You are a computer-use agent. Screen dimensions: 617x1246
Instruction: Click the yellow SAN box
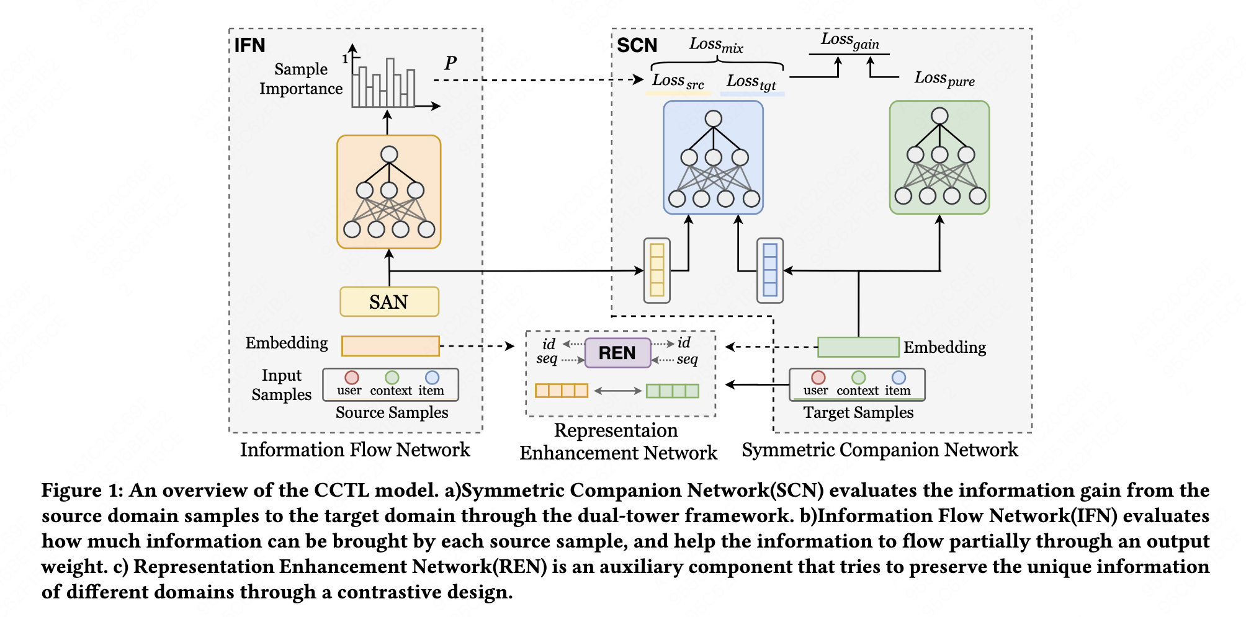389,302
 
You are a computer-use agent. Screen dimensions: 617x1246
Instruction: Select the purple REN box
617,353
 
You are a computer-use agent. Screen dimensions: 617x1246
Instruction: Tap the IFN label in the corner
249,45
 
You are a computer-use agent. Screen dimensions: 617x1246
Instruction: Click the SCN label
637,45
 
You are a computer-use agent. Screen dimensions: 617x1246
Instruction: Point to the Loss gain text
849,41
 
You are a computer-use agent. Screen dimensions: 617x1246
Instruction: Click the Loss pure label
944,79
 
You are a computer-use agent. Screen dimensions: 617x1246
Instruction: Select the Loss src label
678,81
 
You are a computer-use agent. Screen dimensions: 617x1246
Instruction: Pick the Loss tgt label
751,82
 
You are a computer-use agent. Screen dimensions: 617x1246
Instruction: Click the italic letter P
450,63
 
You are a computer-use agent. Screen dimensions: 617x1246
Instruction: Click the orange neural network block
389,192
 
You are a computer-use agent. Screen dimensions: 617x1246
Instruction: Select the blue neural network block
713,158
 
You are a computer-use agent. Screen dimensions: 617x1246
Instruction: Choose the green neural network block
939,158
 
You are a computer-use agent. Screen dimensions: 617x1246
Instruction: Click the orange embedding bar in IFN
390,346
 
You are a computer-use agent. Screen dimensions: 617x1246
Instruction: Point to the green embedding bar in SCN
858,347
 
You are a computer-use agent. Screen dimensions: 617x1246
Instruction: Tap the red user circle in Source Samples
352,378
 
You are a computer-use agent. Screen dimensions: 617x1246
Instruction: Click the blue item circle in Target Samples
898,378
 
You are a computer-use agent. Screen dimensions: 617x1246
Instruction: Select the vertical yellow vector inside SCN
657,270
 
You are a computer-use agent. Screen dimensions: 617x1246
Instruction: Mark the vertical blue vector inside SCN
769,270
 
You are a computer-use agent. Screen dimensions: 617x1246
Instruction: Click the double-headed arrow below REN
617,391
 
